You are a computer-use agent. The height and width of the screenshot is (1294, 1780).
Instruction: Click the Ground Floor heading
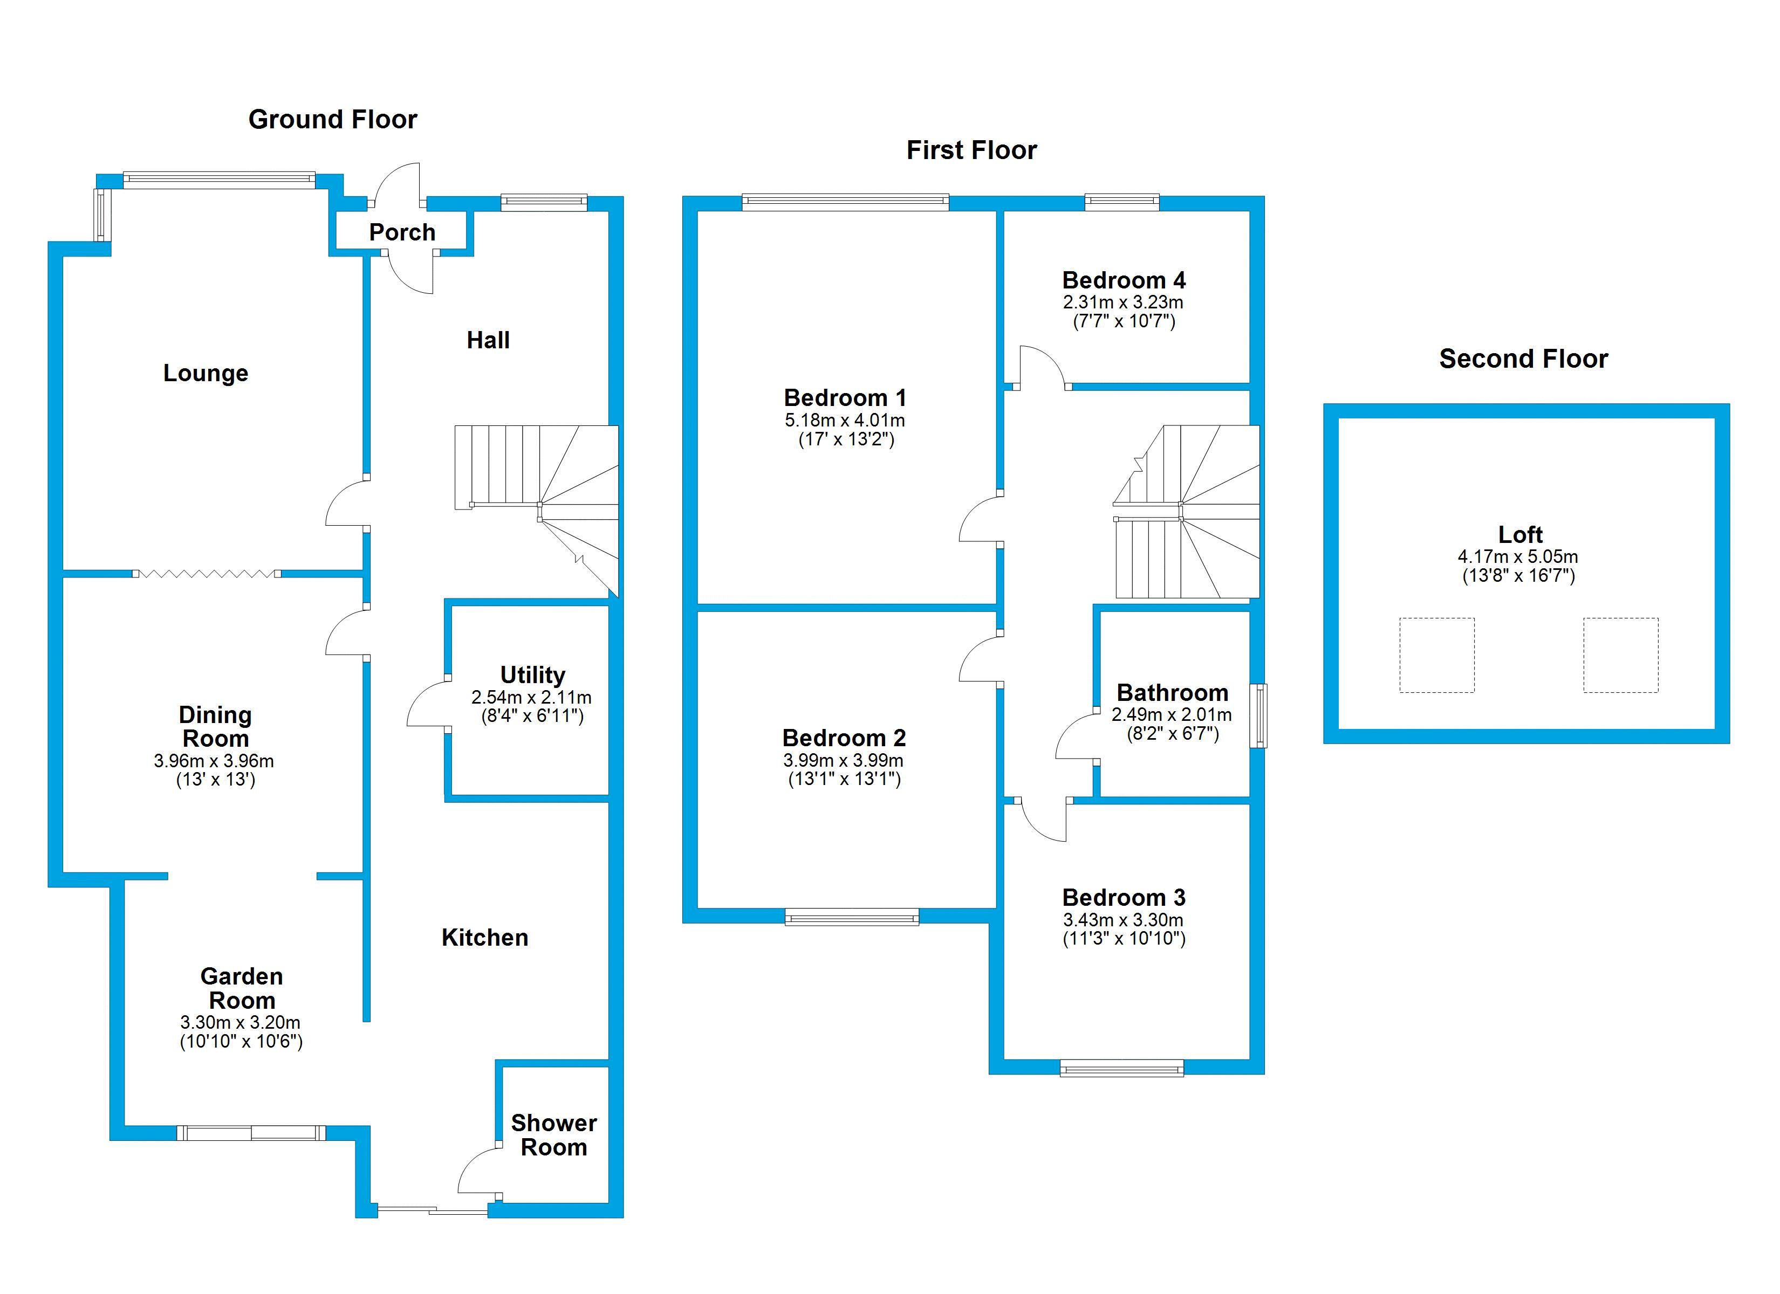(333, 119)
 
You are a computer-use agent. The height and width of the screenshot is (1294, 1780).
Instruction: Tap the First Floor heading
(971, 150)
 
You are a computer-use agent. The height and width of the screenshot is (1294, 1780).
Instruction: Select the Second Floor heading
(1523, 359)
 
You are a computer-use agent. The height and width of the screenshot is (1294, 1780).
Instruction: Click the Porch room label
(402, 232)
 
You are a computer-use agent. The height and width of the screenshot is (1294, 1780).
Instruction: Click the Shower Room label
(554, 1135)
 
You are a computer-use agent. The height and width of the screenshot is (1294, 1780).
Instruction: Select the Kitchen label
(484, 937)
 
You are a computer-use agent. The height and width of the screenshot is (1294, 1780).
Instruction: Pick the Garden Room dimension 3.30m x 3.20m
(240, 1022)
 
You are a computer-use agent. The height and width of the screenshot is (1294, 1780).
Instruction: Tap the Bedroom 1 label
(845, 398)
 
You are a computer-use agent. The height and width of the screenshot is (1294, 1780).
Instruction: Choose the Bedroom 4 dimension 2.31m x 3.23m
(1123, 302)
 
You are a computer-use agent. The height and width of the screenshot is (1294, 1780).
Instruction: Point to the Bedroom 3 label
(1124, 897)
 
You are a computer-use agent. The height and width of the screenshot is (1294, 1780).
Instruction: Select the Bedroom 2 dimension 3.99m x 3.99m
(844, 760)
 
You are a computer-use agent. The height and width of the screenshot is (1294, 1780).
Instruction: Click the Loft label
(1520, 534)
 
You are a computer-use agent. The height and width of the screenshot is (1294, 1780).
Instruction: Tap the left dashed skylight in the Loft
(1436, 655)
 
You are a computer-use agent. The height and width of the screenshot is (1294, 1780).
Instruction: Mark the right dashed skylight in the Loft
(1621, 655)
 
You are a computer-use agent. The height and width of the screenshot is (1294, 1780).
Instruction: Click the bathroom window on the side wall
(1258, 715)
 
